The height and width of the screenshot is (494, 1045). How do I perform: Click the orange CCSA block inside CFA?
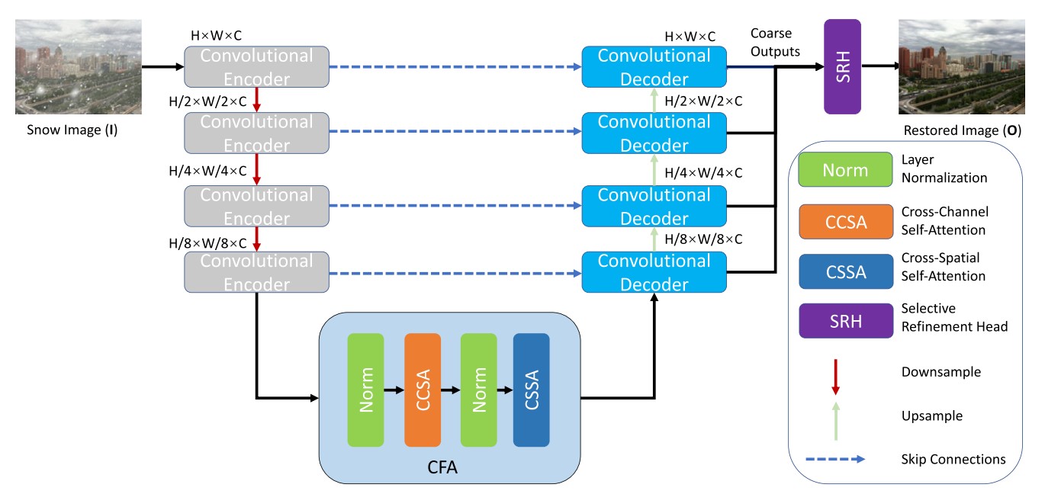(x=423, y=390)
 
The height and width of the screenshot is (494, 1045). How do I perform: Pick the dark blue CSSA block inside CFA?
(x=532, y=390)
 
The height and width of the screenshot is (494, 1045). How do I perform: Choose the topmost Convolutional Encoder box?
(x=256, y=67)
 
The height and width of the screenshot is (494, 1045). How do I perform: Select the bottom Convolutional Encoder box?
(x=256, y=272)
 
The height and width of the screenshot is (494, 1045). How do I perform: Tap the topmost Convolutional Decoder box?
(x=654, y=67)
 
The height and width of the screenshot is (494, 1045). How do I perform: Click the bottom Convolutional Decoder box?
(x=654, y=272)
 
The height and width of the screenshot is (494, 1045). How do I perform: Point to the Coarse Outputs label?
(x=775, y=43)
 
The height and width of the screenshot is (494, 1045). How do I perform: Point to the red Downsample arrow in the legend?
(x=835, y=376)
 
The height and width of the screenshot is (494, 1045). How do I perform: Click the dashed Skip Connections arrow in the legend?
(x=835, y=459)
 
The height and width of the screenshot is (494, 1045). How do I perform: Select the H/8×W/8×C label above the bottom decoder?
(x=703, y=239)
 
